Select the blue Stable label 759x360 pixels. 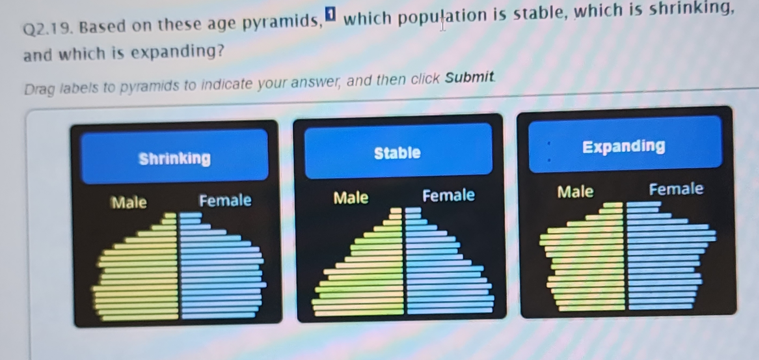(397, 153)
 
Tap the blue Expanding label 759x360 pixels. (623, 146)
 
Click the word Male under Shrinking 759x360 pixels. (129, 202)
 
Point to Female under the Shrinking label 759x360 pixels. (225, 200)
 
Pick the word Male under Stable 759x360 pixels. (351, 198)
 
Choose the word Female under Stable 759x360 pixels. (448, 195)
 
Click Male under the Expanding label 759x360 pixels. (575, 192)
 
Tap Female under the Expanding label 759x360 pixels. (676, 189)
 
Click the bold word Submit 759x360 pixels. (469, 77)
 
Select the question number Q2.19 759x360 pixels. (47, 28)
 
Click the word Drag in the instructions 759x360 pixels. (40, 89)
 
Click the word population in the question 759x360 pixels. (442, 16)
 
